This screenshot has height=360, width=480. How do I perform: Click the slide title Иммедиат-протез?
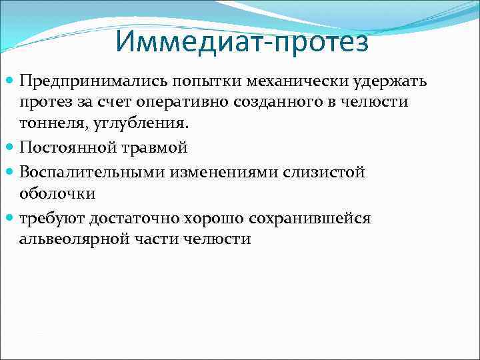tap(241, 42)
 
